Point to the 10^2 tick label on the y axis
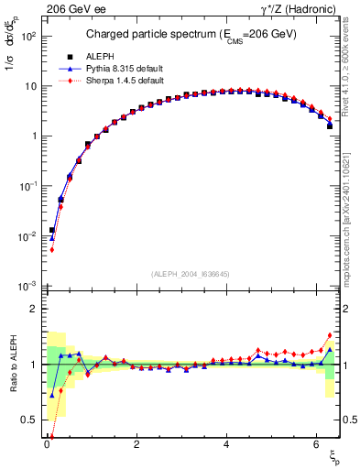click(27, 36)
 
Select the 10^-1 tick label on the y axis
click(27, 186)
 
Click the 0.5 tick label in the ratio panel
click(29, 420)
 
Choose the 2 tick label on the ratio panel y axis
click(32, 310)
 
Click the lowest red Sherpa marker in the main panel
click(52, 249)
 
